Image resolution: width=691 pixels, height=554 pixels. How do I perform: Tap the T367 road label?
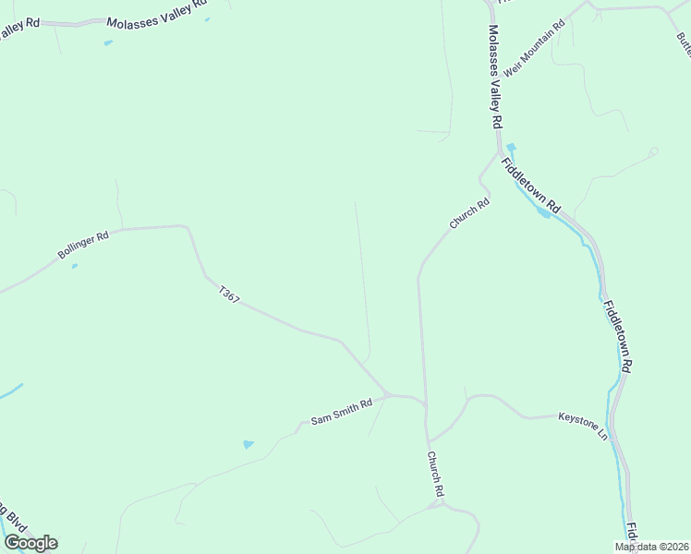pyautogui.click(x=230, y=296)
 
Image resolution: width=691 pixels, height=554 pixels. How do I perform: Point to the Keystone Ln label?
pyautogui.click(x=583, y=425)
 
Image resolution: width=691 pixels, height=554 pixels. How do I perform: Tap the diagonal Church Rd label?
pyautogui.click(x=468, y=213)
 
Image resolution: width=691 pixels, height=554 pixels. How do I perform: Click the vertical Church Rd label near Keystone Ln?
pyautogui.click(x=436, y=475)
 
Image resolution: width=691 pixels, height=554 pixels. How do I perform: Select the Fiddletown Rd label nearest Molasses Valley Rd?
pyautogui.click(x=531, y=185)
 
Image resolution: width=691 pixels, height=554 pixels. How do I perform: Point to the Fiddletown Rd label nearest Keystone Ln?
pyautogui.click(x=617, y=335)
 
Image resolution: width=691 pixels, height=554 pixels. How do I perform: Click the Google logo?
pyautogui.click(x=30, y=543)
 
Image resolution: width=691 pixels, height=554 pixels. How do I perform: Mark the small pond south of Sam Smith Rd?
pyautogui.click(x=248, y=444)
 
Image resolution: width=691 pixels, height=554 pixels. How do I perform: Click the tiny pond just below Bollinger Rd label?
pyautogui.click(x=74, y=267)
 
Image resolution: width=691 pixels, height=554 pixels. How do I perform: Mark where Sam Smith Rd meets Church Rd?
pyautogui.click(x=424, y=403)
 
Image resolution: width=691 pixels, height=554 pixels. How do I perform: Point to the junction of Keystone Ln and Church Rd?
pyautogui.click(x=428, y=441)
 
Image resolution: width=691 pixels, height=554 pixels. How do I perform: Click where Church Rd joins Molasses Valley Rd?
pyautogui.click(x=498, y=152)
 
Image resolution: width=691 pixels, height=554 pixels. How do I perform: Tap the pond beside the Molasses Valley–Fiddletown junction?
pyautogui.click(x=511, y=147)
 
